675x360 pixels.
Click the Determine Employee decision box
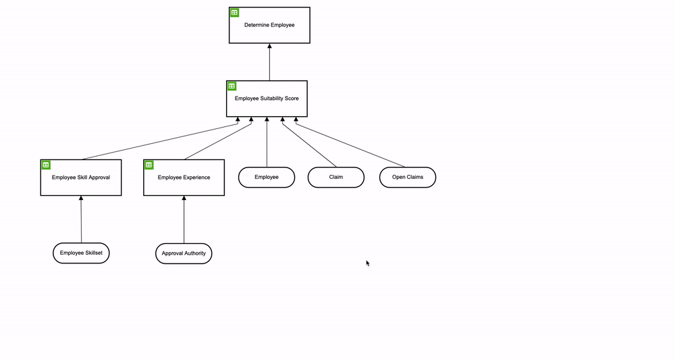tap(269, 26)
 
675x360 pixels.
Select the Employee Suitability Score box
tap(267, 99)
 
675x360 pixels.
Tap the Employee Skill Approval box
tap(81, 178)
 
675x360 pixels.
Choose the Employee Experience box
tap(184, 178)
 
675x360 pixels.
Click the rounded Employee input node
tap(267, 177)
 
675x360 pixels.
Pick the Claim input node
tap(336, 177)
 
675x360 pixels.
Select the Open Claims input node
tap(407, 177)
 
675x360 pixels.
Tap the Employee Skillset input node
tap(81, 253)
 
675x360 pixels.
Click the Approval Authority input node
tap(184, 254)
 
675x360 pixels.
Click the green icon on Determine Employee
tap(234, 12)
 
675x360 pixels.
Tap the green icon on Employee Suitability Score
tap(232, 86)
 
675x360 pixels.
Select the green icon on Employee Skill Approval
tap(46, 165)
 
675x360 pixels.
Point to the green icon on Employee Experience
tap(148, 165)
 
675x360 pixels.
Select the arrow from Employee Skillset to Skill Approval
tap(81, 220)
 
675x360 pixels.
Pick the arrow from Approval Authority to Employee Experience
tap(184, 220)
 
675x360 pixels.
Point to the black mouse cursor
tap(368, 263)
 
